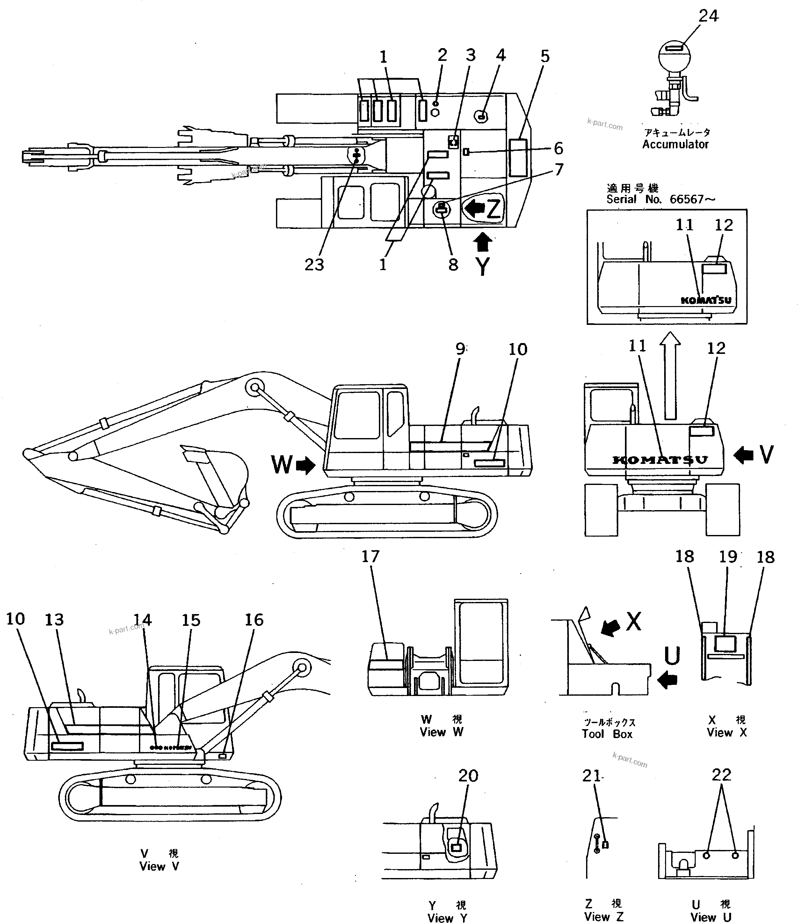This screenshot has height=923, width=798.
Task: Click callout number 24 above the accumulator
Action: [708, 16]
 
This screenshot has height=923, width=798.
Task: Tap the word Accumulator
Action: [675, 144]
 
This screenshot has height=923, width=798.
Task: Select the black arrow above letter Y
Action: [483, 243]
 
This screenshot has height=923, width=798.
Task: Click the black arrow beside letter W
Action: [306, 466]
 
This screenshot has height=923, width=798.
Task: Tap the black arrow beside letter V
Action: [743, 455]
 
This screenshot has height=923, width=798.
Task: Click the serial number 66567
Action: [686, 199]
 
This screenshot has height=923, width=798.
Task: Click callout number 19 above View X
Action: [728, 557]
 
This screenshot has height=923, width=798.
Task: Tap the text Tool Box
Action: [607, 734]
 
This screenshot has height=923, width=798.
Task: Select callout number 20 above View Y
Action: [468, 776]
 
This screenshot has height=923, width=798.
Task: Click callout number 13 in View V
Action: [54, 620]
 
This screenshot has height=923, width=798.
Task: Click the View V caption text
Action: [159, 867]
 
